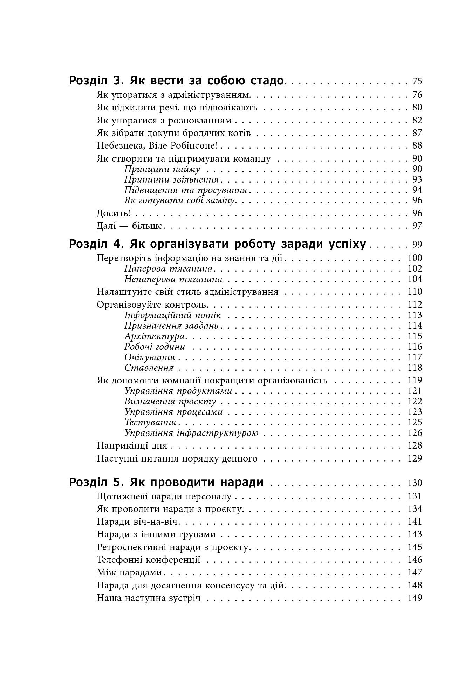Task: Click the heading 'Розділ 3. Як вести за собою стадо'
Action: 176,81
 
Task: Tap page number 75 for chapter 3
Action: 417,82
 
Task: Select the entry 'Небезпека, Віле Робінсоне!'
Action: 159,146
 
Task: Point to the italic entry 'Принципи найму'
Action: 162,169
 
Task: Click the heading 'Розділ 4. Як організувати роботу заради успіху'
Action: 217,244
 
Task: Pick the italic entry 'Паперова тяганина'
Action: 169,269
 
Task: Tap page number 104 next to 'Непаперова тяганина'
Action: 415,279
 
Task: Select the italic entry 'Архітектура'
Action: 155,336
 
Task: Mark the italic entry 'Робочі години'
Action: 155,347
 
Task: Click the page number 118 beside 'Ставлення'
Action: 415,368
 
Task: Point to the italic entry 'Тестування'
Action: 150,423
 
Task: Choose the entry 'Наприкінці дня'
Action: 132,446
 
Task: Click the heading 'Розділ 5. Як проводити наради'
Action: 166,483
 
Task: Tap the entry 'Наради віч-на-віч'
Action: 138,522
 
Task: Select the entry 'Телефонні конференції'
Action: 149,560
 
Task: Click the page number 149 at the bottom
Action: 415,598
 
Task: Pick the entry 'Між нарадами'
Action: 129,573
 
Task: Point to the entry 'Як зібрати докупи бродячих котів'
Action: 174,133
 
